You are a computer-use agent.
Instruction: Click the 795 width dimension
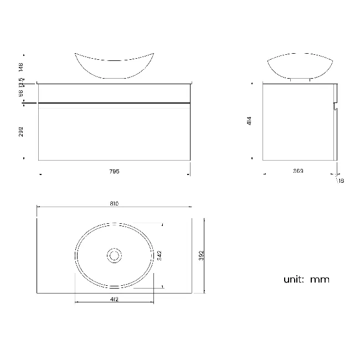tap(115, 171)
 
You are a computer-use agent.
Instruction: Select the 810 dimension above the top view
tap(114, 204)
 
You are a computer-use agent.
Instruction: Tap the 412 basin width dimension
tap(115, 299)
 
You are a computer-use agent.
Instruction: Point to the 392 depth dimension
tap(202, 255)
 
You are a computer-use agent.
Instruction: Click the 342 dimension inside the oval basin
tap(159, 255)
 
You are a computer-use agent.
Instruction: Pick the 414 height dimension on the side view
tap(250, 121)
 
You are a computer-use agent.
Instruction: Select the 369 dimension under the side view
tap(298, 171)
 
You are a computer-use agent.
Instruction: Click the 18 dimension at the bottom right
tap(341, 181)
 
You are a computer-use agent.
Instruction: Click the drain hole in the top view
tap(115, 255)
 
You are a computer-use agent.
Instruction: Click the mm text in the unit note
tap(320, 279)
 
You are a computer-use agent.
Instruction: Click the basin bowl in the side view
tap(301, 66)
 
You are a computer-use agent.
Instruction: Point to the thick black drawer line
tap(114, 103)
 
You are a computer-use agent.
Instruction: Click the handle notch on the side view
tap(335, 105)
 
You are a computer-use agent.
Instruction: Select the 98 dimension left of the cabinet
tap(21, 93)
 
